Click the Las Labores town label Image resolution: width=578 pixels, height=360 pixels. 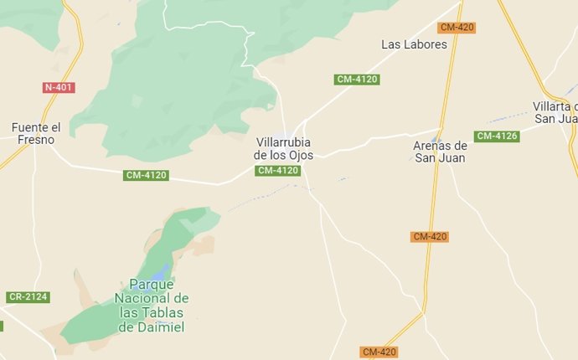coord(414,44)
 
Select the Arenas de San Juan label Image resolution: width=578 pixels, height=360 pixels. coord(440,151)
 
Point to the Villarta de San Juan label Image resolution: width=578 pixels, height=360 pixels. coord(555,112)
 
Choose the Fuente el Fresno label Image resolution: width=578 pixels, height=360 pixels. coord(36,133)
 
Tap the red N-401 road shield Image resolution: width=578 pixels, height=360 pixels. coord(59,87)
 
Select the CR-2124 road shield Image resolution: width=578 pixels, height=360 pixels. coord(28,297)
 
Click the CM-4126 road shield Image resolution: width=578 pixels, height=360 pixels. coord(496,136)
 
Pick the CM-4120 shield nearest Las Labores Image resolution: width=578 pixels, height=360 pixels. coord(357,80)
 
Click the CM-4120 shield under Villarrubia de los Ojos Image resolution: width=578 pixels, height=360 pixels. coord(277,171)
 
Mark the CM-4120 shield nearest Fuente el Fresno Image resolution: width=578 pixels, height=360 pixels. coord(146,175)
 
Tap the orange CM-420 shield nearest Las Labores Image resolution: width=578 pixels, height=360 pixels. coord(457,28)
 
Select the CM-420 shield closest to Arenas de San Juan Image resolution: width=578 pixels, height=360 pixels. coord(430,237)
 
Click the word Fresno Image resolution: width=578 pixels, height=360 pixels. coord(36,140)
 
